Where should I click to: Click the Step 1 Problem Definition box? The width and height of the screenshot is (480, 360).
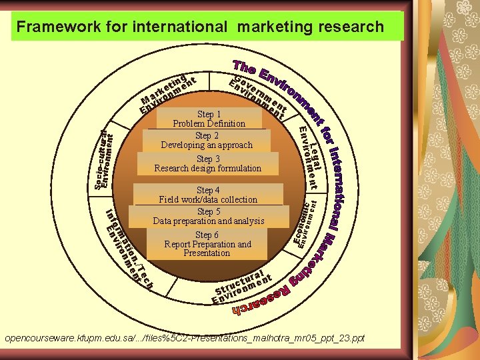209,119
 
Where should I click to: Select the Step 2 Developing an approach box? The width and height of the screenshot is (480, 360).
206,140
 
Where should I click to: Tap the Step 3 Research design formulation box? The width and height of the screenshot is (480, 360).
207,163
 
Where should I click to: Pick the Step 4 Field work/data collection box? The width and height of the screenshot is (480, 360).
208,195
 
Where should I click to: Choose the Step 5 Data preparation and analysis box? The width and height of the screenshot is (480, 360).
208,216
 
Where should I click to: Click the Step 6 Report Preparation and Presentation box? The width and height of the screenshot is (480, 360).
207,244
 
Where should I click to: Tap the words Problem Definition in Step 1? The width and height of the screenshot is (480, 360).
209,123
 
